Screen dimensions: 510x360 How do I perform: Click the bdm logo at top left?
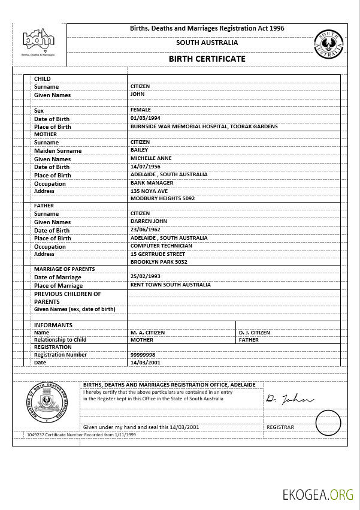point(38,41)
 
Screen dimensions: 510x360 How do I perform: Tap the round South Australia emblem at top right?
point(329,44)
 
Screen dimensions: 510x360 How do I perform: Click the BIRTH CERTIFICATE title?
point(207,59)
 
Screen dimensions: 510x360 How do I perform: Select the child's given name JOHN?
point(138,94)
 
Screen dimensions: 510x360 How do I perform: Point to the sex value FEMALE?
point(141,110)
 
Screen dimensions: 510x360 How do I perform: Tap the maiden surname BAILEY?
point(140,150)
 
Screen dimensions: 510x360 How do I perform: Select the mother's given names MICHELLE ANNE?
point(151,158)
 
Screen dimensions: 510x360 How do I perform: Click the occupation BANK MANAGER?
point(152,183)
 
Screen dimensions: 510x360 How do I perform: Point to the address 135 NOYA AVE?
point(149,191)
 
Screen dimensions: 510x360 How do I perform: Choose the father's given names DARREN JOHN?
point(149,221)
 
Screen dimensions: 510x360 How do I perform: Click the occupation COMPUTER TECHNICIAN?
point(161,246)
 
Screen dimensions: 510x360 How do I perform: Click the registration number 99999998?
point(143,354)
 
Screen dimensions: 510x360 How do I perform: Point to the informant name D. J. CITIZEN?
point(255,332)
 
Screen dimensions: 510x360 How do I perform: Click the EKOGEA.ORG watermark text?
point(319,494)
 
